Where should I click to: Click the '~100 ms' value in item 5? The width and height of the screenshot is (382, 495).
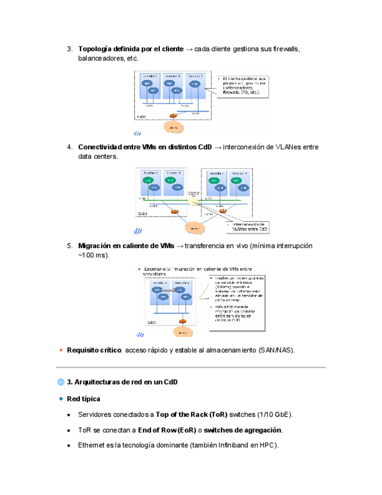[92, 256]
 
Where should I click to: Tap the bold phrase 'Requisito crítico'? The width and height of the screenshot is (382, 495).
[94, 350]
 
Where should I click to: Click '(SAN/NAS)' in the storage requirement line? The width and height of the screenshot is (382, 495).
[276, 350]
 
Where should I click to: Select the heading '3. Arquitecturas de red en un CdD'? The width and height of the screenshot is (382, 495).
[122, 382]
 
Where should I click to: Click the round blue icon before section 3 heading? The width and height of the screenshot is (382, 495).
[61, 382]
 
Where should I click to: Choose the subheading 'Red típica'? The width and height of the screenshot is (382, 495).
[83, 399]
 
